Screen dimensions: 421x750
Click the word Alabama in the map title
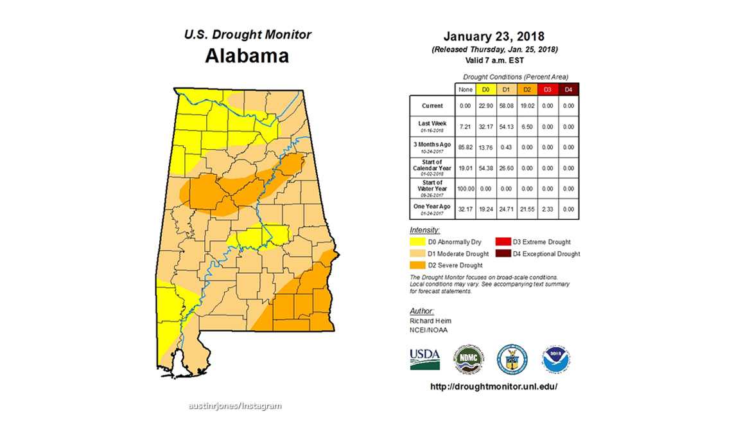click(247, 56)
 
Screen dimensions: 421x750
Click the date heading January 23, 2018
click(494, 36)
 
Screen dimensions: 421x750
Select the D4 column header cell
click(569, 89)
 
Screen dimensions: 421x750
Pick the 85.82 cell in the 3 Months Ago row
click(466, 147)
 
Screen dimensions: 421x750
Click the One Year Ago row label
click(432, 209)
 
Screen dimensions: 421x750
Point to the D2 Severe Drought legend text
click(457, 265)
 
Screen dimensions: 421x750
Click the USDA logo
click(425, 359)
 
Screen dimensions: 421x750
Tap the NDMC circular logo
click(469, 359)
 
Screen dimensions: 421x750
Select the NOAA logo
click(556, 359)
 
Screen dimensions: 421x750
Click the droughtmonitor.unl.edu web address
click(493, 387)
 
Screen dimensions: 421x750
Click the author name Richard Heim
click(430, 321)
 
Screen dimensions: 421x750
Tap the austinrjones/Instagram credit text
click(235, 406)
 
